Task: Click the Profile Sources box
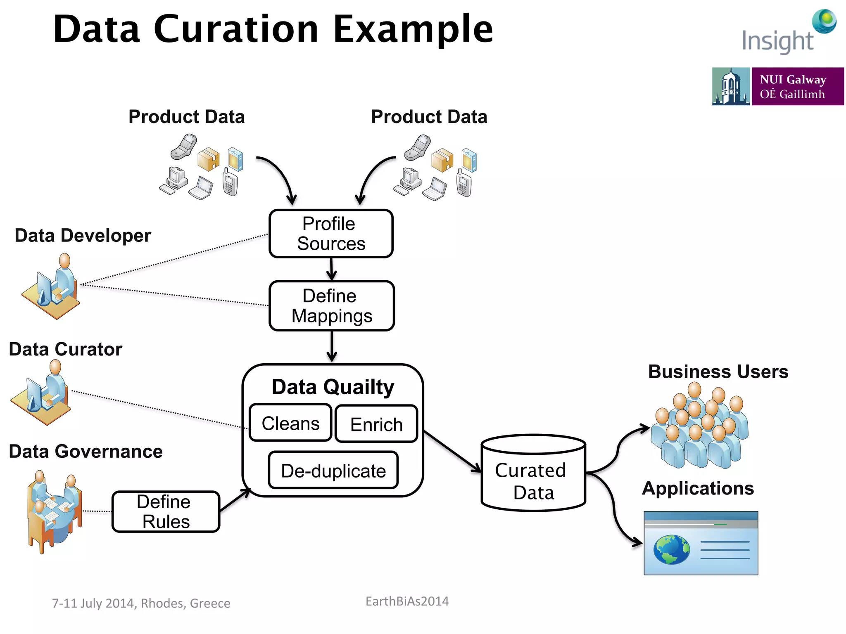331,234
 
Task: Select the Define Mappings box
332,306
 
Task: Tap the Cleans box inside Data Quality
290,423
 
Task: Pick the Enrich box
376,424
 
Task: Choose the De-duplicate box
333,471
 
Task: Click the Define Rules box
166,511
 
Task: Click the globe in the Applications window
672,549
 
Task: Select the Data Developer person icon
52,287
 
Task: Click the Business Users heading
718,371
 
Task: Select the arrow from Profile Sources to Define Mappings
332,270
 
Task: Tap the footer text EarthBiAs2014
407,601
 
